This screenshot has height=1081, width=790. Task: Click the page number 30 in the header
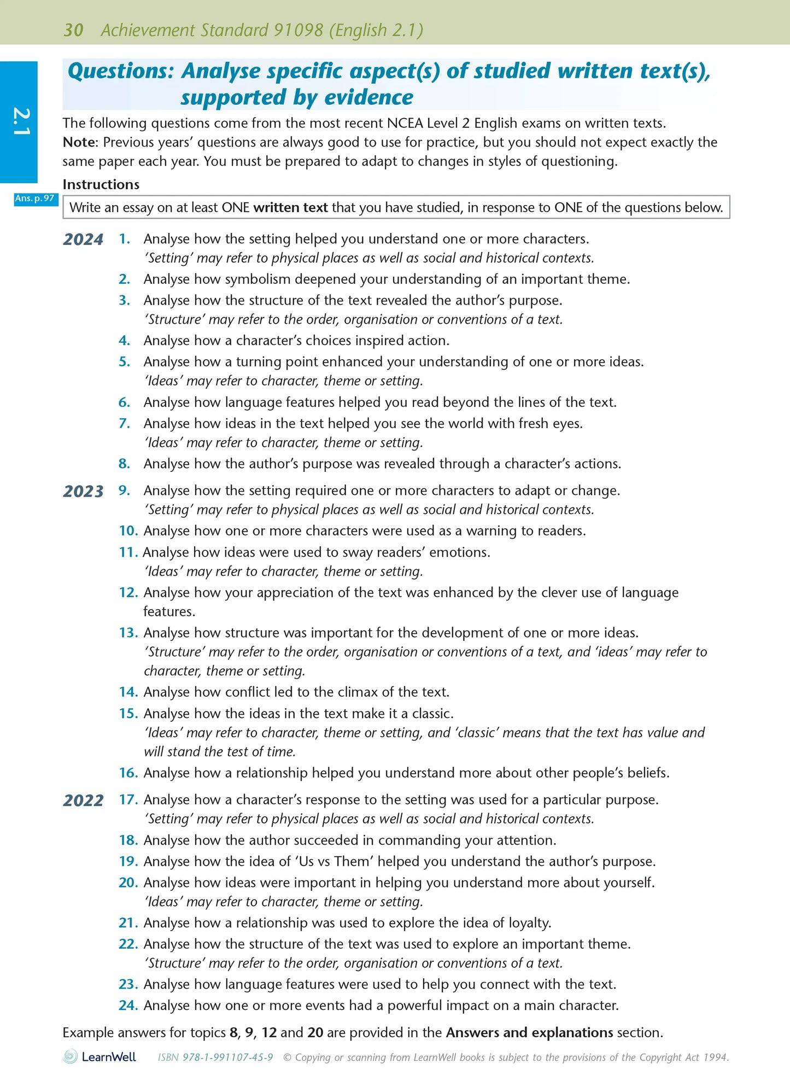pos(73,30)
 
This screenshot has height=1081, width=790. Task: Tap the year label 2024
pos(83,239)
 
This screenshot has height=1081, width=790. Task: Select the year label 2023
pos(83,492)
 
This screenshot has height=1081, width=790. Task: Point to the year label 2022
pos(83,800)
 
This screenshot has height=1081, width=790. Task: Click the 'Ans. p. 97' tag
pos(36,198)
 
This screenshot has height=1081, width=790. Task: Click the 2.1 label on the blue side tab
pos(21,121)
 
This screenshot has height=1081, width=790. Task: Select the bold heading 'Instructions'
pos(101,184)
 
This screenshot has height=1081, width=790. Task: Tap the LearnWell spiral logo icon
pos(71,1056)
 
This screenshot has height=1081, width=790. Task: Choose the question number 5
pos(125,362)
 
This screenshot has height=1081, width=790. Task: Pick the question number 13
pos(128,633)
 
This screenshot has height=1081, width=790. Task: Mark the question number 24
pos(128,1006)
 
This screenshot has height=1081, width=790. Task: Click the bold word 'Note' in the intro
pos(79,142)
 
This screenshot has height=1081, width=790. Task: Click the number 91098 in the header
pos(299,30)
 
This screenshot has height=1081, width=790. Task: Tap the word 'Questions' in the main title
pos(120,72)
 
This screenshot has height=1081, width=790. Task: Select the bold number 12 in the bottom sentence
pos(269,1033)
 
